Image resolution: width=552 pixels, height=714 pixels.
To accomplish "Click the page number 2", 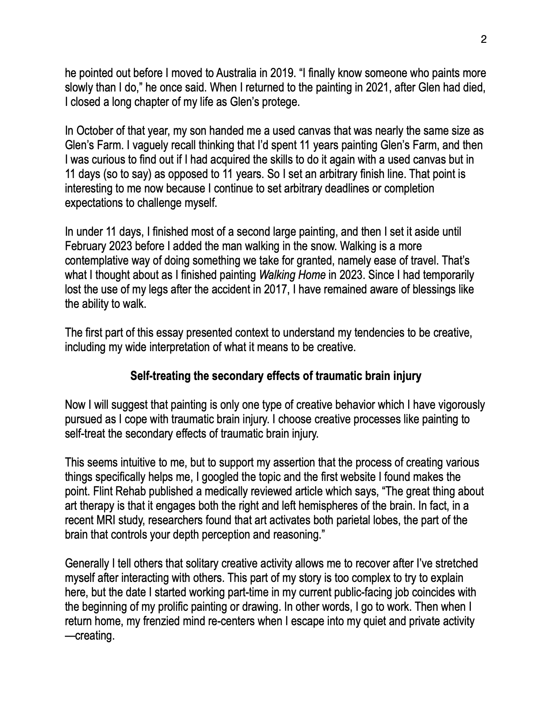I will click(483, 39).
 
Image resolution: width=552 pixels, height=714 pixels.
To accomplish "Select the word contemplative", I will click(96, 261).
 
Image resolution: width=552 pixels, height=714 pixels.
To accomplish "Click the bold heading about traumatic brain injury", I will click(276, 376).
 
